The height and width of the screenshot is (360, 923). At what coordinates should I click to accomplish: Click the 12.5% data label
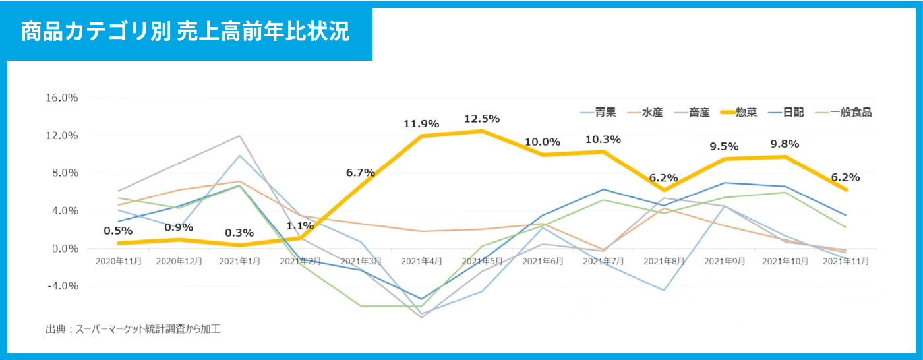coord(482,119)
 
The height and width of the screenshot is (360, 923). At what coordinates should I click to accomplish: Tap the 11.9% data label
coord(421,123)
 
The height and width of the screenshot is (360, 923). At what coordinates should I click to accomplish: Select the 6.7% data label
coord(360,173)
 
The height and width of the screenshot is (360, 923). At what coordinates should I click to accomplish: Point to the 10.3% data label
coord(603,139)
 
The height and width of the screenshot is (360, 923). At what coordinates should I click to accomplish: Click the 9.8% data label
coord(785,144)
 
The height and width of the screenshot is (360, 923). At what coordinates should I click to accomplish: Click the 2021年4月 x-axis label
coord(421,261)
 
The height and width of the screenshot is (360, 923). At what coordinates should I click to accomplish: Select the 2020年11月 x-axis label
coord(119,261)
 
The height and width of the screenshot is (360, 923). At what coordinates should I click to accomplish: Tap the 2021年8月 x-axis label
coord(664,261)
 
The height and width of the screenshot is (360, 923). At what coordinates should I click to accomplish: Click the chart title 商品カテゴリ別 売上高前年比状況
coord(185,32)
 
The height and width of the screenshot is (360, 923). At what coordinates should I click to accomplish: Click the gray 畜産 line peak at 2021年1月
coord(239,136)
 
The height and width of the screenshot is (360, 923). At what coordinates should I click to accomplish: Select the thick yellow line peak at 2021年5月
coord(482,131)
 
